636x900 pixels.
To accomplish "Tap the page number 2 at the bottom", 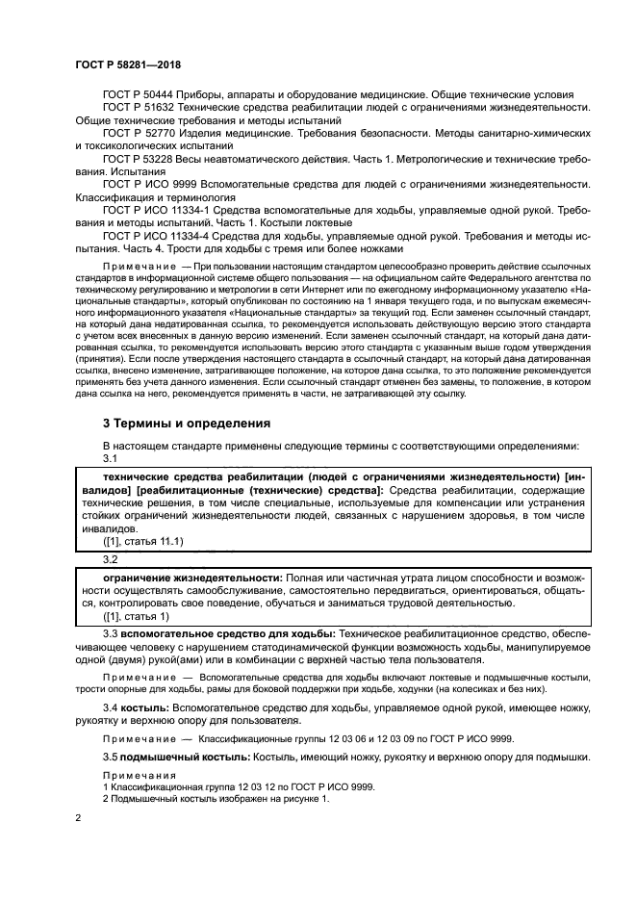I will pos(78,817).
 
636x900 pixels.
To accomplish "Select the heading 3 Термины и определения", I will pos(187,423).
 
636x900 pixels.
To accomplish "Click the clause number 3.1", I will pos(110,459).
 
